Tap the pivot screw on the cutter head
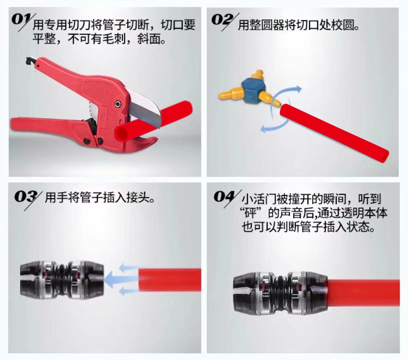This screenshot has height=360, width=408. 118,104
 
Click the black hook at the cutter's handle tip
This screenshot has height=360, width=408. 31,62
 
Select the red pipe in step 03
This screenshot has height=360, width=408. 170,280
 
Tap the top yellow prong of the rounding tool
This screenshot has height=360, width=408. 258,74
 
